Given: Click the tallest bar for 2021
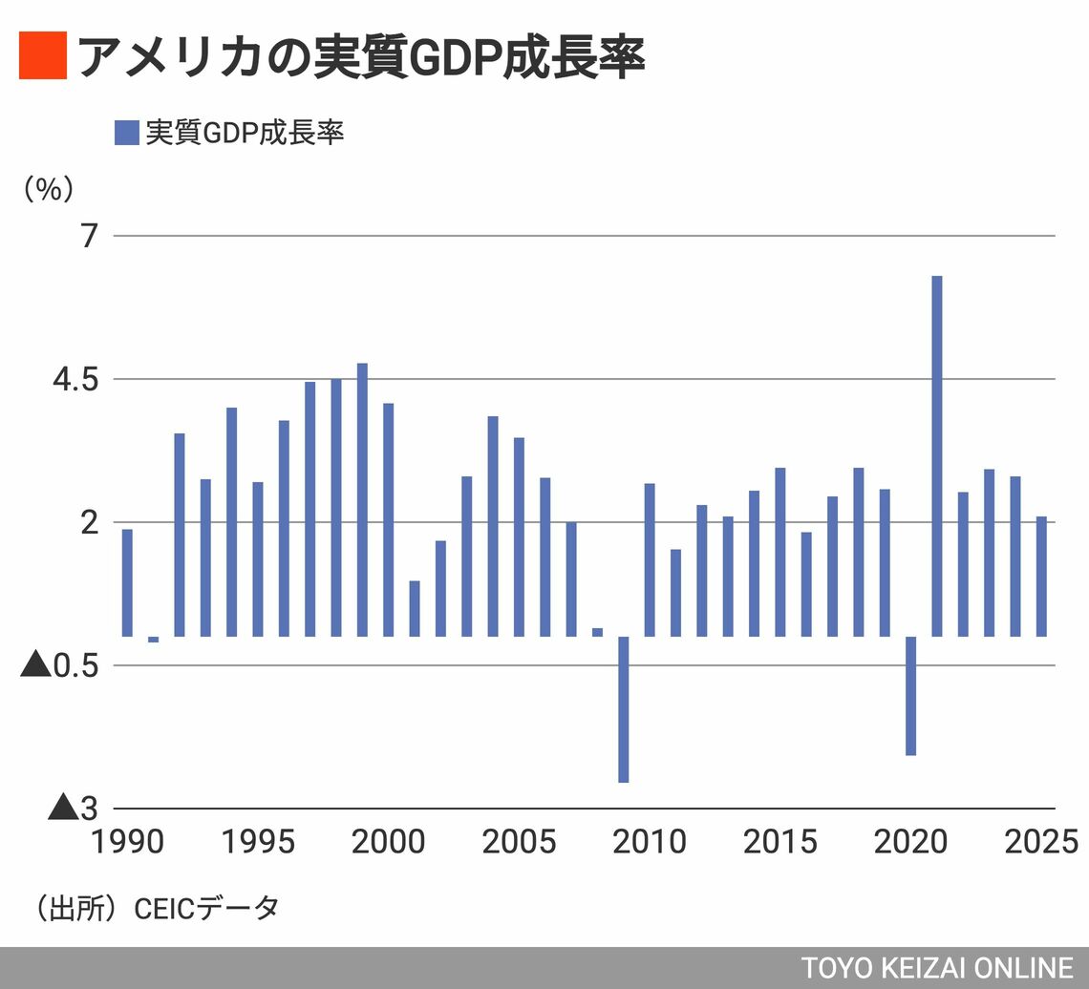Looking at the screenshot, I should coord(937,455).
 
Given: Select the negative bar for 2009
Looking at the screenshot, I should coord(624,709).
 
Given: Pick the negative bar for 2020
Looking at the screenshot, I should coord(911,695).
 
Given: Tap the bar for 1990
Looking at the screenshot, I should coord(127,582).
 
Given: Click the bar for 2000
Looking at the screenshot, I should coord(389,519).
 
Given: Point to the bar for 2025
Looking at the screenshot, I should coord(1041,576).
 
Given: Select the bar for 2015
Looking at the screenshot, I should coord(780,552).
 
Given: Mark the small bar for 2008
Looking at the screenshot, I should coord(598,632).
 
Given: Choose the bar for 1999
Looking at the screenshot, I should coord(362,499).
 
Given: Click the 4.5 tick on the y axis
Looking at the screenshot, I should coord(77,379).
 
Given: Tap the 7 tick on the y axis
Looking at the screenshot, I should coord(90,236).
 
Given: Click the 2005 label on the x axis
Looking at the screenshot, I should coord(519,842).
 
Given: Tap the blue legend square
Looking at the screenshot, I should coord(126,133).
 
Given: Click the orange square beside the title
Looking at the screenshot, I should coord(42,56).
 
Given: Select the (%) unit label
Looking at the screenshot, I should coord(48,189).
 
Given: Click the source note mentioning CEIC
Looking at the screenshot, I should coord(159,908).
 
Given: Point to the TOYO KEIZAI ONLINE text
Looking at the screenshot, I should coord(937,966).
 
